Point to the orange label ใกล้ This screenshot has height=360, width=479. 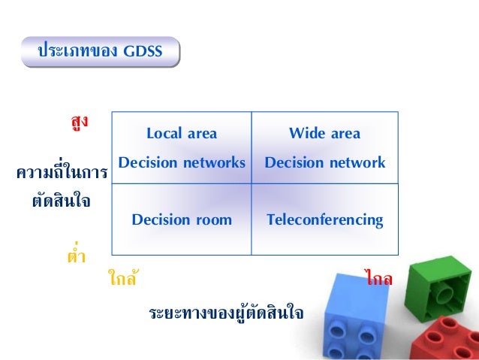tap(122, 280)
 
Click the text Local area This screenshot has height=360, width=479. tap(182, 135)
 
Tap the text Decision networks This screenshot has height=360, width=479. tap(182, 163)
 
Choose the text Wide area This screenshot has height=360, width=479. tap(324, 135)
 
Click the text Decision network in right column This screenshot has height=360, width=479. tap(324, 163)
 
